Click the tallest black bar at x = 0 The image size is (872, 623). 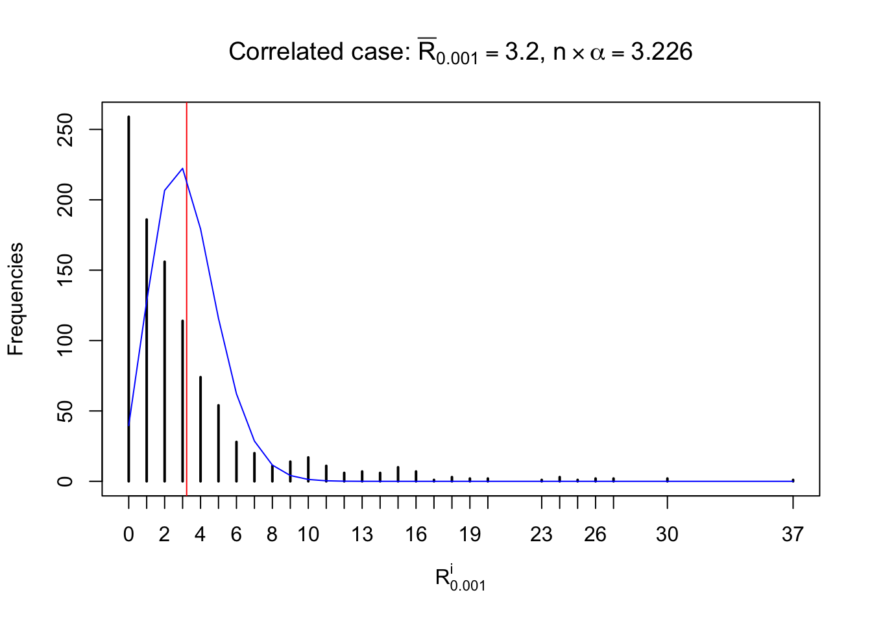[x=128, y=299]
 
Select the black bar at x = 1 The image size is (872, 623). [x=147, y=350]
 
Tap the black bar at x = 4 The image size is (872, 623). [x=200, y=428]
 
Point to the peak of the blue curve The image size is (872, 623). [x=182, y=169]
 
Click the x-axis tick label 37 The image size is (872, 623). [x=792, y=534]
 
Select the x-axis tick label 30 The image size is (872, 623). [x=667, y=534]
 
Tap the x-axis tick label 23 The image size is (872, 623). [x=541, y=534]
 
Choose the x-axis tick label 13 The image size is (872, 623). [x=362, y=534]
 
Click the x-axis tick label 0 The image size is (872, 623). [x=128, y=534]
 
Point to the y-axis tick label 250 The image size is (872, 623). [x=66, y=130]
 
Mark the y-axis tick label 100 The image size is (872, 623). [x=66, y=341]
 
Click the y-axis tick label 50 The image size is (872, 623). [x=66, y=411]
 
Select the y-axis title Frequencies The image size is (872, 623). [x=16, y=299]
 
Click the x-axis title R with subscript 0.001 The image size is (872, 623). [x=460, y=579]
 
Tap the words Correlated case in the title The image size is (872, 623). [x=317, y=52]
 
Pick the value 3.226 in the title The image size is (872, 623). [x=662, y=52]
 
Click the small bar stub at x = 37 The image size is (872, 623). [x=793, y=480]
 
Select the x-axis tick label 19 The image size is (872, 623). [x=470, y=534]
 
